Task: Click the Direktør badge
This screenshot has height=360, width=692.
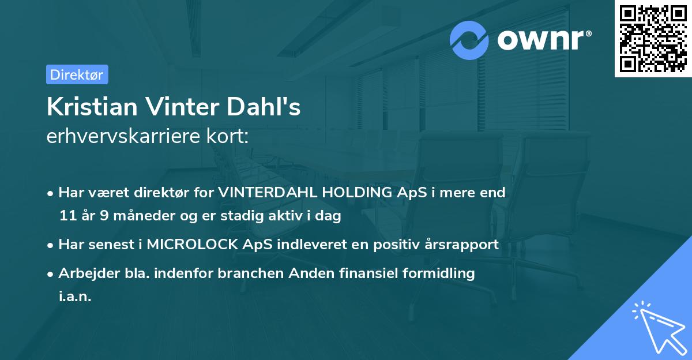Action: pyautogui.click(x=77, y=74)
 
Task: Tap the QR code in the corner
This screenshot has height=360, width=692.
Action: pyautogui.click(x=653, y=38)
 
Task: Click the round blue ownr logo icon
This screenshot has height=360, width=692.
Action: pyautogui.click(x=469, y=40)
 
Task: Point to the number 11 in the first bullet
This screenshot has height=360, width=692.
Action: pyautogui.click(x=67, y=216)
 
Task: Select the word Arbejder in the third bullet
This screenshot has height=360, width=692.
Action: pyautogui.click(x=84, y=273)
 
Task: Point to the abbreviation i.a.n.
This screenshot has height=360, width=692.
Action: pyautogui.click(x=75, y=297)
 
